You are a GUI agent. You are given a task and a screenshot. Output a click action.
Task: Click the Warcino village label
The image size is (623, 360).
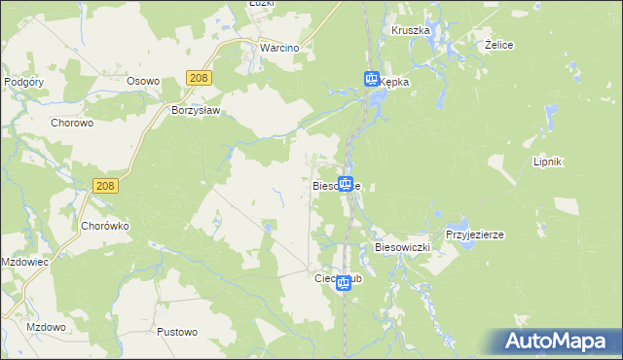click(277, 47)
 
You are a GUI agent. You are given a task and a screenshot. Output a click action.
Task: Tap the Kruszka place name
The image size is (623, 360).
click(411, 30)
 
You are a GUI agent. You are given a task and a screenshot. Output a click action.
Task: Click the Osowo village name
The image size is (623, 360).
click(142, 83)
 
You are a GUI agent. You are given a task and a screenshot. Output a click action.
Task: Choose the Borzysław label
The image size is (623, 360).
click(198, 110)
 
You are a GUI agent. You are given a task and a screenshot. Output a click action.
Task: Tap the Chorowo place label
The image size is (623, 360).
click(71, 123)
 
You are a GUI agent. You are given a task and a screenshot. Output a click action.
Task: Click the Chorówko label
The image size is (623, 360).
click(105, 225)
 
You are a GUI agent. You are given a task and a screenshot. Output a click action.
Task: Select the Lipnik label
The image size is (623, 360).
click(549, 162)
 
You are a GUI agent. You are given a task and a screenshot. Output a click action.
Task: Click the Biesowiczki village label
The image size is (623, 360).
click(402, 248)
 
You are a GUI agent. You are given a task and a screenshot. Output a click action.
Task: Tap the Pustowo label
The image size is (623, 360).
click(177, 332)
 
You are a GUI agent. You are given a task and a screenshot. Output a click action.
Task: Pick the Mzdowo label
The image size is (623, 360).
click(45, 327)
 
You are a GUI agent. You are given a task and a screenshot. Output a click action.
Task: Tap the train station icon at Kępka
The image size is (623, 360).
click(372, 79)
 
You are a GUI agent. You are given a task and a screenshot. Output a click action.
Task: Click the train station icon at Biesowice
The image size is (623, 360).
click(346, 182)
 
